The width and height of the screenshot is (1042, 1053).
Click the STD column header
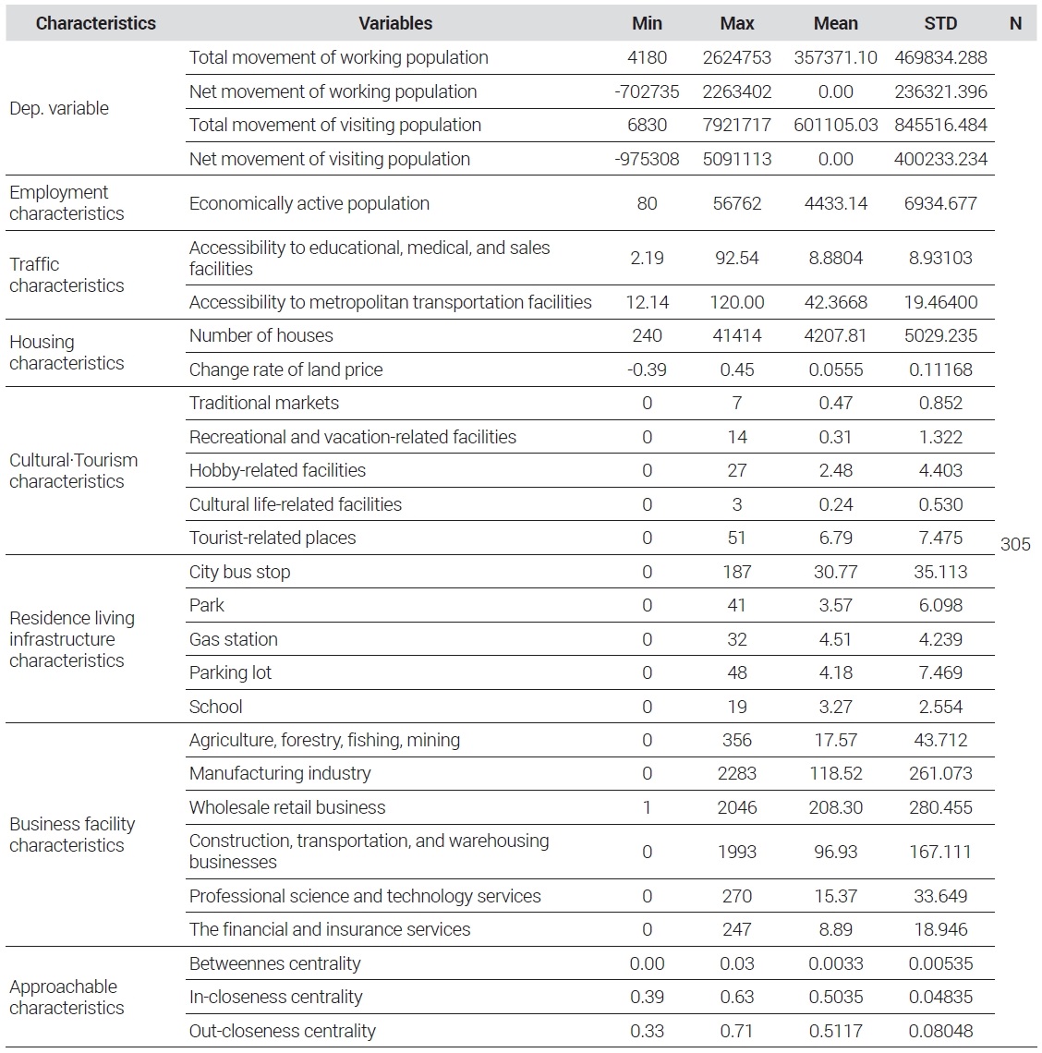(939, 23)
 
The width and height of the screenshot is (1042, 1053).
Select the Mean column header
(835, 23)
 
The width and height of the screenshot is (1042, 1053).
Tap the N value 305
(1015, 544)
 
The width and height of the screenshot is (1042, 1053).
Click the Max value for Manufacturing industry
(736, 774)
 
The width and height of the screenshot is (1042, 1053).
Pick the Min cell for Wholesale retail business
(647, 807)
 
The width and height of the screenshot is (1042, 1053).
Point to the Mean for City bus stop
(835, 572)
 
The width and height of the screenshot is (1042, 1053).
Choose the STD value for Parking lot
(939, 672)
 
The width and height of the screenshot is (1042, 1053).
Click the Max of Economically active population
(736, 203)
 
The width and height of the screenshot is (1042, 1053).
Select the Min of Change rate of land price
(647, 370)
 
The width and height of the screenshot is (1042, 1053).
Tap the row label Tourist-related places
(273, 538)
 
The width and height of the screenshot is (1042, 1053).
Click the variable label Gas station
(233, 639)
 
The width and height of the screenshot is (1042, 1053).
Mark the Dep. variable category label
(59, 108)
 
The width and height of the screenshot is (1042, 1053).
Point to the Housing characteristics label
(67, 353)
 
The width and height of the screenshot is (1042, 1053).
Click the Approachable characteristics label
(67, 998)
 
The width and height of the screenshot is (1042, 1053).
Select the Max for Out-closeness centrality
(736, 1031)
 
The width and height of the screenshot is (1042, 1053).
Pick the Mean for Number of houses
(835, 336)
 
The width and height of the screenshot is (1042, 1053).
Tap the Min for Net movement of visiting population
(647, 159)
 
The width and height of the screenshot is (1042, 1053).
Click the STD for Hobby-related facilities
(939, 471)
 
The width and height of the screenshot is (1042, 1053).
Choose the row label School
(215, 707)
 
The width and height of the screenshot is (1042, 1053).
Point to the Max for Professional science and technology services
(736, 896)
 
